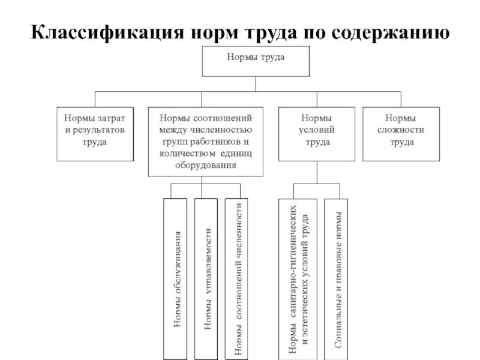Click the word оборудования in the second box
[x=206, y=164]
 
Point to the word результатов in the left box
[x=97, y=130]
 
